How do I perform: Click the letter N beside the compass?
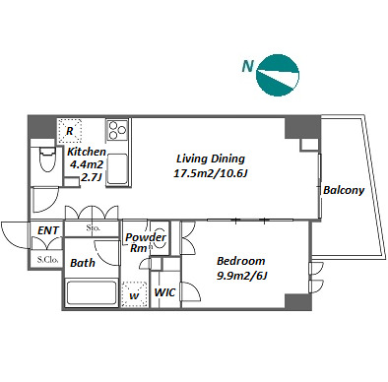coord(248,66)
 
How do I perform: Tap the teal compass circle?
coord(278,75)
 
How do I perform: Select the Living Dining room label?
coord(211,159)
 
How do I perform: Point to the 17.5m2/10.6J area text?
coord(210,173)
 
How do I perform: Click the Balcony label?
coord(344,190)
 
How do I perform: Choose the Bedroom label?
coord(241,261)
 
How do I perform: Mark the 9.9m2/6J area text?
coord(242,276)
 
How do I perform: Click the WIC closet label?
coord(164,292)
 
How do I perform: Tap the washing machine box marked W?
coord(134,294)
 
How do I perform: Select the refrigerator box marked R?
coord(70,131)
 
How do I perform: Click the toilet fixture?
coord(47,159)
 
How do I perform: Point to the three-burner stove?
coord(117,130)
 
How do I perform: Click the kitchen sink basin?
coord(117,169)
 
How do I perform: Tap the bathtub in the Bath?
coord(92,293)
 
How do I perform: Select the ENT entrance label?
coord(48,230)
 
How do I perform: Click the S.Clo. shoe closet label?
coord(47,260)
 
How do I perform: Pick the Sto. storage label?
coord(93,227)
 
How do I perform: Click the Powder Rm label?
coord(146,242)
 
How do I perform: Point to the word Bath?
coord(83,263)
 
